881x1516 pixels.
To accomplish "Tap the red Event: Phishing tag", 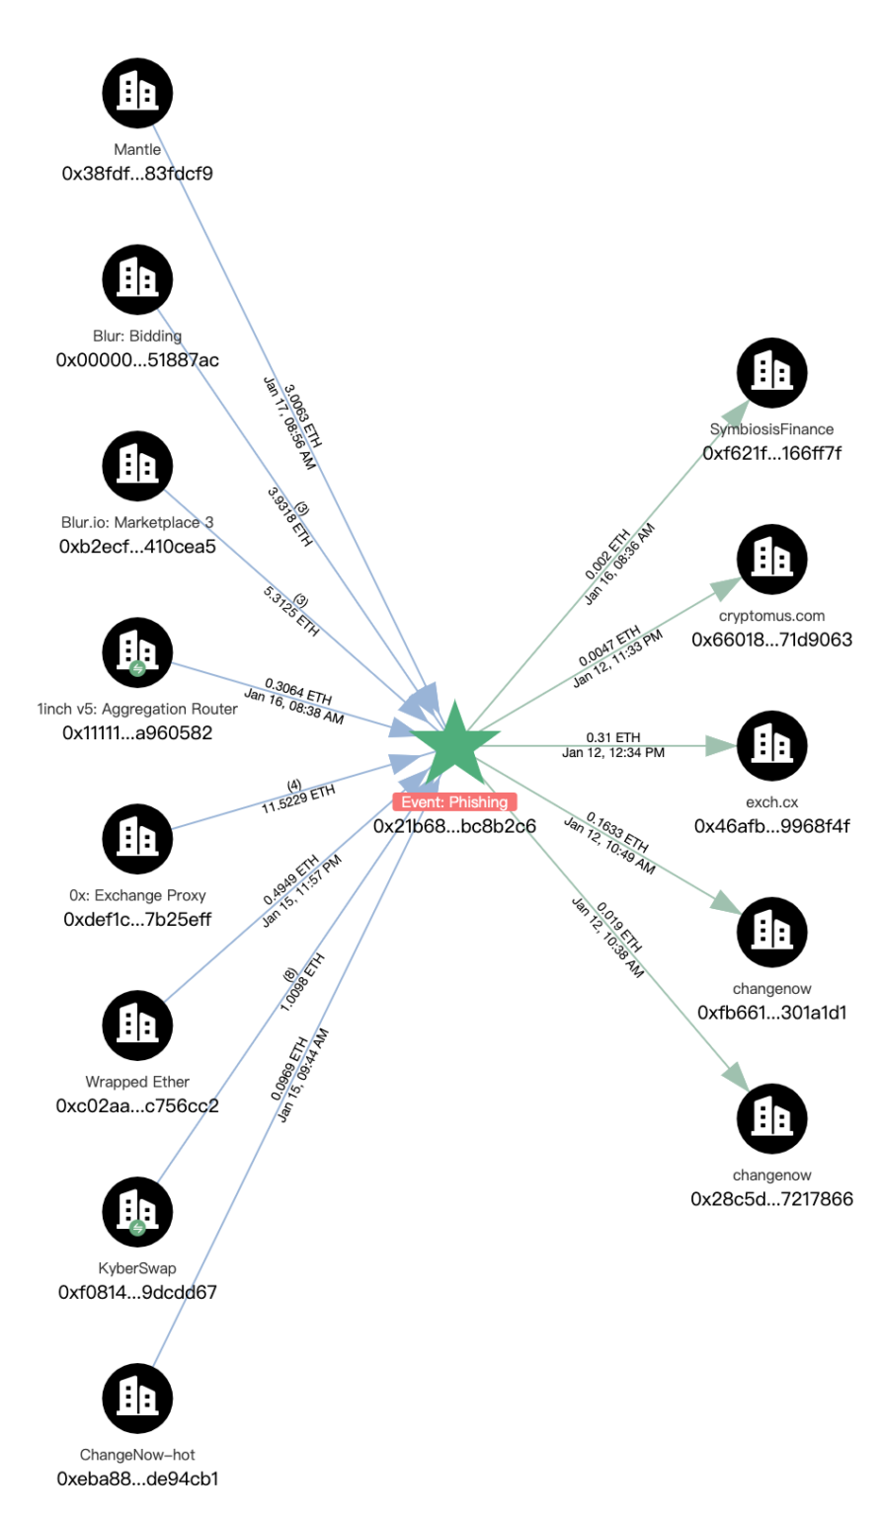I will (454, 802).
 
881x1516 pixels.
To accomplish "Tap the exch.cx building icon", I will (772, 745).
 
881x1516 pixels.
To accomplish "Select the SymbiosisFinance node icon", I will (772, 372).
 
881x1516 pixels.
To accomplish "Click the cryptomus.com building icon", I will (772, 559).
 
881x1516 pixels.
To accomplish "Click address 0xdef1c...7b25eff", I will (137, 920).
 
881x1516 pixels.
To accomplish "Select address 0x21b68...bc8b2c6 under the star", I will (454, 826).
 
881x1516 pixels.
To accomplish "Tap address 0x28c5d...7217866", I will (772, 1199).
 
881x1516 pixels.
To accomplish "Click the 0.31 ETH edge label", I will (613, 737).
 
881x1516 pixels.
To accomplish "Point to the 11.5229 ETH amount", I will (298, 798).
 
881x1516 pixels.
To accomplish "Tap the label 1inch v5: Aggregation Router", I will (137, 709).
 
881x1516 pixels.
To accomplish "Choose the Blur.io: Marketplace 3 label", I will (137, 522).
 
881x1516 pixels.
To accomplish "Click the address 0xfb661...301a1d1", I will (772, 1013).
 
